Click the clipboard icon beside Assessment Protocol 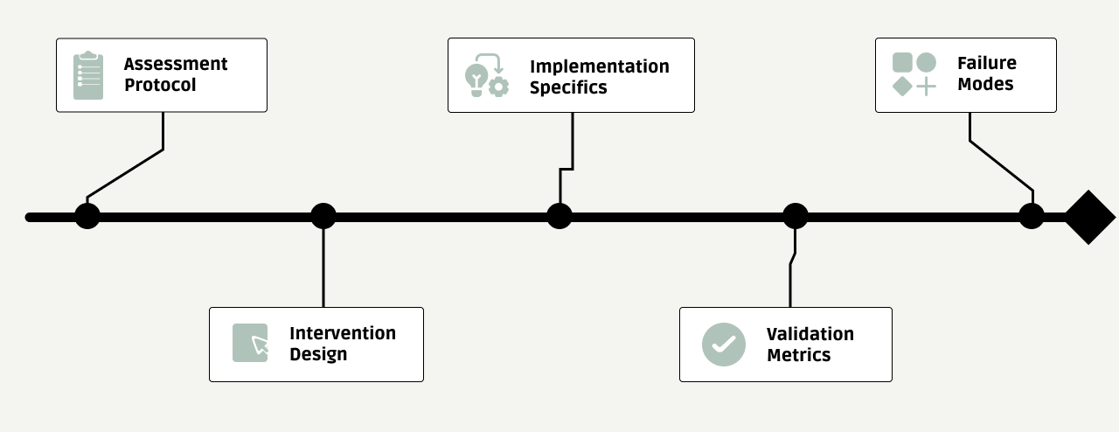[x=88, y=75]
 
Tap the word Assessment [x=176, y=64]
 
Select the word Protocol [x=160, y=86]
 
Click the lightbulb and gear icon [x=487, y=75]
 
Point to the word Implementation [x=600, y=66]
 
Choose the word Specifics [x=568, y=87]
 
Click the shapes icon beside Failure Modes [x=914, y=74]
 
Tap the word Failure [x=987, y=63]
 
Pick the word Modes [x=985, y=84]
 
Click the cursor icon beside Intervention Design [x=250, y=343]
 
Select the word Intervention [x=343, y=333]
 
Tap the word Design [x=318, y=354]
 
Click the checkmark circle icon [x=724, y=345]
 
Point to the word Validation [x=810, y=334]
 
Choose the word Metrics [x=798, y=355]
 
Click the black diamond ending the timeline [x=1089, y=217]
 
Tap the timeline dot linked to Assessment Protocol [x=87, y=217]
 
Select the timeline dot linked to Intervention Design [x=323, y=216]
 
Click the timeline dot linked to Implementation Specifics [x=559, y=216]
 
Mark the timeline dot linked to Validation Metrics [x=796, y=216]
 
